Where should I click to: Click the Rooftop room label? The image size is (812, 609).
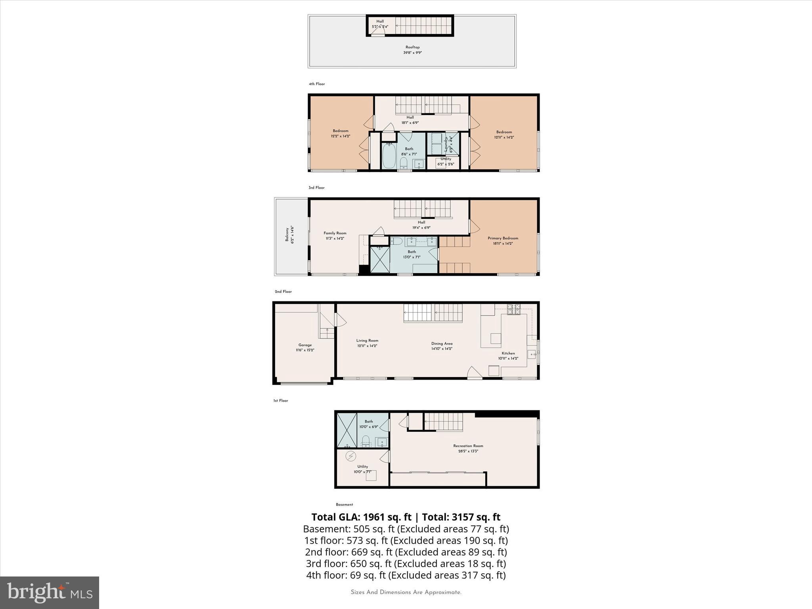click(412, 48)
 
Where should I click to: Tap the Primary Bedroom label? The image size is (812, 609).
click(503, 238)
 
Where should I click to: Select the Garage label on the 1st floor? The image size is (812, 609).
click(305, 345)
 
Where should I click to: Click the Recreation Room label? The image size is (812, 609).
click(468, 446)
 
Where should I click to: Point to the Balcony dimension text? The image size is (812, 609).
click(292, 235)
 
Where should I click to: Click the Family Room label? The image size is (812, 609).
click(335, 234)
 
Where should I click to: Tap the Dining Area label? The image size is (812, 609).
click(442, 344)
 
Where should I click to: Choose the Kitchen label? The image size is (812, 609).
click(508, 353)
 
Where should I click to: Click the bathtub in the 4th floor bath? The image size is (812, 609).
click(389, 156)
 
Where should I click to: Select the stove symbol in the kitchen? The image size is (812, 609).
click(514, 309)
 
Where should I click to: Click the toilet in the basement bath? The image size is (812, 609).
click(366, 440)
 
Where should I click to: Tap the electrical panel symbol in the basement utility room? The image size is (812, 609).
click(350, 457)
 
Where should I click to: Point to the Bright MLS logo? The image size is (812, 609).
click(50, 592)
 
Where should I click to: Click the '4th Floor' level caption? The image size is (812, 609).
click(317, 84)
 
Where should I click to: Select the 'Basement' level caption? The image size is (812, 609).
click(344, 505)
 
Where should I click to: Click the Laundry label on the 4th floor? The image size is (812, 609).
click(446, 144)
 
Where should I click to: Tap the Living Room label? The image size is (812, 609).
click(367, 341)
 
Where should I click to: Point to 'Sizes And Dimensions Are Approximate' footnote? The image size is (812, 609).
click(406, 592)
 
